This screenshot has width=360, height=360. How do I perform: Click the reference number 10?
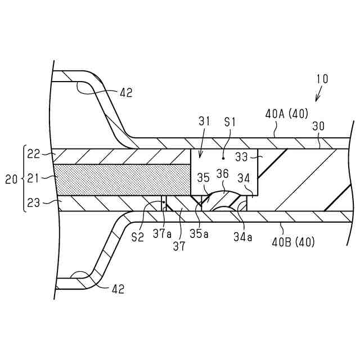click(x=322, y=79)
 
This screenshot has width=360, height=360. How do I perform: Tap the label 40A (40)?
click(x=286, y=114)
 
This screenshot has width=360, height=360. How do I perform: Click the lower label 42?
click(x=118, y=289)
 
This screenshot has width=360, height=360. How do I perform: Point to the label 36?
click(x=223, y=175)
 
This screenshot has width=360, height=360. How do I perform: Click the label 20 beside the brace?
click(x=11, y=179)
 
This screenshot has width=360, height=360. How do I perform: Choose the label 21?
click(x=33, y=179)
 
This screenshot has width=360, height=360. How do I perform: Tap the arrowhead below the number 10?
click(x=316, y=100)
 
